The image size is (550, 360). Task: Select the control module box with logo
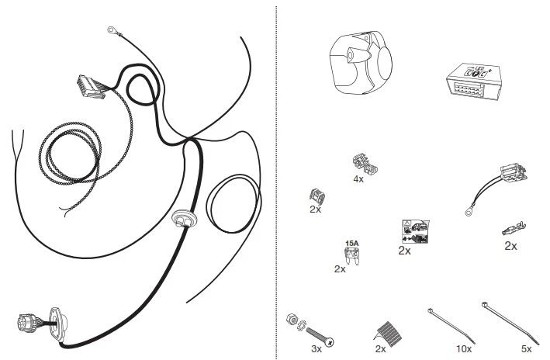click(x=473, y=81)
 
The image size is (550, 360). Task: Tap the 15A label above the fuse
click(x=352, y=243)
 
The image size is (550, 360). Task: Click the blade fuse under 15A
click(x=352, y=255)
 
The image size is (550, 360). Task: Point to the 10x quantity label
click(x=464, y=349)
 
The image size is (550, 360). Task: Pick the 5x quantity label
click(x=526, y=349)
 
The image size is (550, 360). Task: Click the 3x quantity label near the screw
click(x=316, y=349)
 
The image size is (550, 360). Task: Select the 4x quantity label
click(x=358, y=179)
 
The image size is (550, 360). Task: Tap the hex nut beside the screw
click(x=291, y=319)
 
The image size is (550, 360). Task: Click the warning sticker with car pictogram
click(x=416, y=231)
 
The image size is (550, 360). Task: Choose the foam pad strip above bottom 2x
click(x=389, y=334)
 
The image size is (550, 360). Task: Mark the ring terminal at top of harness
click(x=112, y=30)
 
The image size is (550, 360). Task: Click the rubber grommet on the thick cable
click(x=184, y=218)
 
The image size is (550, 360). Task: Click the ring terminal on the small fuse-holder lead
click(x=468, y=212)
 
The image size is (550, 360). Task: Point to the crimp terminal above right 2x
click(x=514, y=229)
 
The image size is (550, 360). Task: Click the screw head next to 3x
click(x=329, y=341)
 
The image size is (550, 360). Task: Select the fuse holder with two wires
click(x=514, y=172)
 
